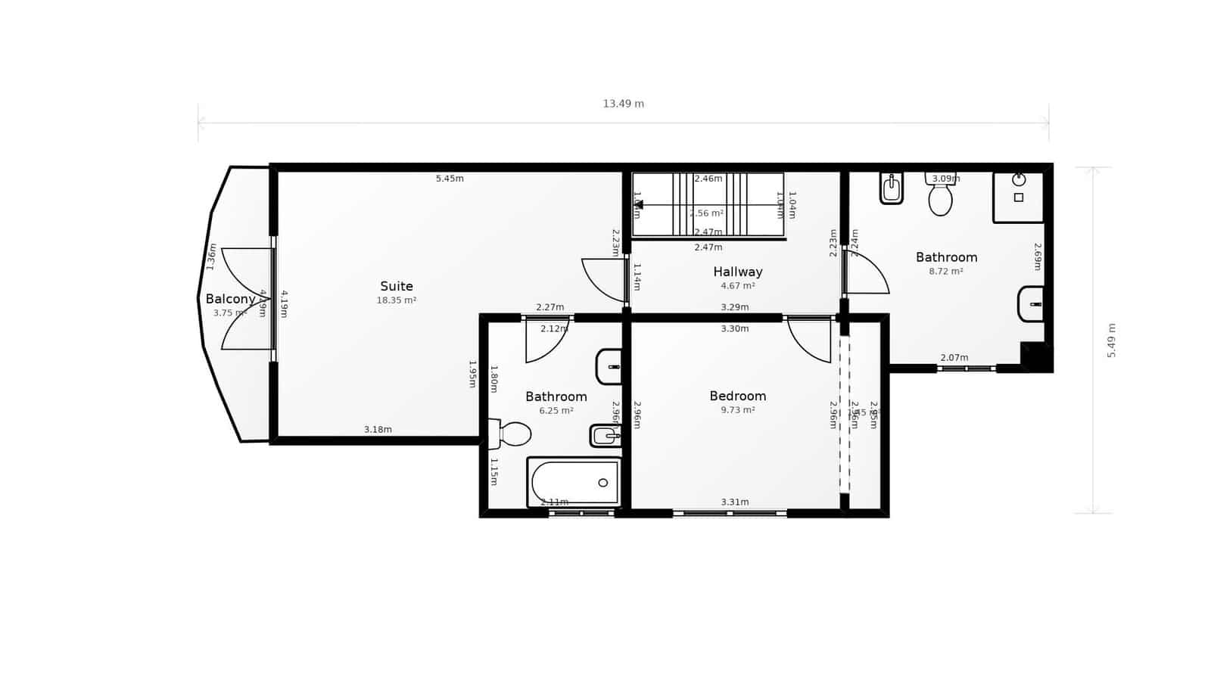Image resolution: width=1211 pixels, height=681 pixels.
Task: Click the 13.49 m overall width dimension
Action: click(x=623, y=104)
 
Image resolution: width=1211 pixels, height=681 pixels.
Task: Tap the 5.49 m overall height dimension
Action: click(x=1112, y=340)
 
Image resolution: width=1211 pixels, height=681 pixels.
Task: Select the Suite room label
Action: click(x=397, y=286)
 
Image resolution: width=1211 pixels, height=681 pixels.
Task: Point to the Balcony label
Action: click(x=230, y=299)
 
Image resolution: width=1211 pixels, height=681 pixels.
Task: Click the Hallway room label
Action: click(x=737, y=272)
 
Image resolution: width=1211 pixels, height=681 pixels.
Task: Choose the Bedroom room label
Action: click(x=737, y=396)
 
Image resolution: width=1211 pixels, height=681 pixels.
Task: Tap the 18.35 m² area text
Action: click(x=397, y=300)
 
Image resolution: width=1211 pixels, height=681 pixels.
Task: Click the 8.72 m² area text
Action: click(x=945, y=271)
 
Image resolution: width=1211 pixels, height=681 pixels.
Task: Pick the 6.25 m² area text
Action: click(x=556, y=410)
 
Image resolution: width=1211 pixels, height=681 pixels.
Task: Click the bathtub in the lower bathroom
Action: click(x=574, y=482)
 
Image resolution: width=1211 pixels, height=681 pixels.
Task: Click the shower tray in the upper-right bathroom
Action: click(x=1018, y=196)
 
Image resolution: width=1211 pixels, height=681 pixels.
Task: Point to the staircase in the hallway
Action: click(x=708, y=204)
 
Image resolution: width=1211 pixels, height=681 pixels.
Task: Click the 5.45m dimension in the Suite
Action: click(x=450, y=179)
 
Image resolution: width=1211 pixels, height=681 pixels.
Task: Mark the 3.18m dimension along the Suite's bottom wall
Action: click(x=378, y=430)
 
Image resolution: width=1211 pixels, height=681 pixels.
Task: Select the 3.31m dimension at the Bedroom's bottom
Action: click(x=734, y=502)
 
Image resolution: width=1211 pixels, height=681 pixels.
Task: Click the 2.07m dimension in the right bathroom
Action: click(x=954, y=358)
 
